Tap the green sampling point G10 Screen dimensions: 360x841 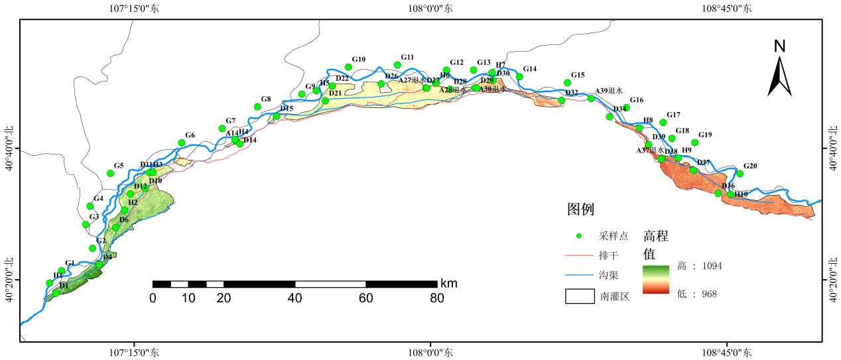348,67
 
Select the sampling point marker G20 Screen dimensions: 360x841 740,174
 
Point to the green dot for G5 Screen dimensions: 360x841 111,173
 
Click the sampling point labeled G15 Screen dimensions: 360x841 567,83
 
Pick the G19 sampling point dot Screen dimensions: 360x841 695,143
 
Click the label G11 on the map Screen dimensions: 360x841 407,58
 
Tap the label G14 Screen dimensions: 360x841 529,69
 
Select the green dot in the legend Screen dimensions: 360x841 579,236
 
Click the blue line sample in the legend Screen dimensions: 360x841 579,274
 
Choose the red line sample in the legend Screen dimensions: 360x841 579,255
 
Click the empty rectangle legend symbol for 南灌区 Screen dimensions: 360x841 579,296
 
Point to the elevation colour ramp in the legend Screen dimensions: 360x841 656,279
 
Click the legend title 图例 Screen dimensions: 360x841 580,210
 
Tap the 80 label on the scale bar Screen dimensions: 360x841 436,298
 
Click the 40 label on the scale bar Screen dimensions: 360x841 294,298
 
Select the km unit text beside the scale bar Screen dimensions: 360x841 448,284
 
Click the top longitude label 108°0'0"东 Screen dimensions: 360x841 430,9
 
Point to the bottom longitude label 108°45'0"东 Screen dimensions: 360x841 727,353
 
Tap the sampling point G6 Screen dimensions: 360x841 181,143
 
